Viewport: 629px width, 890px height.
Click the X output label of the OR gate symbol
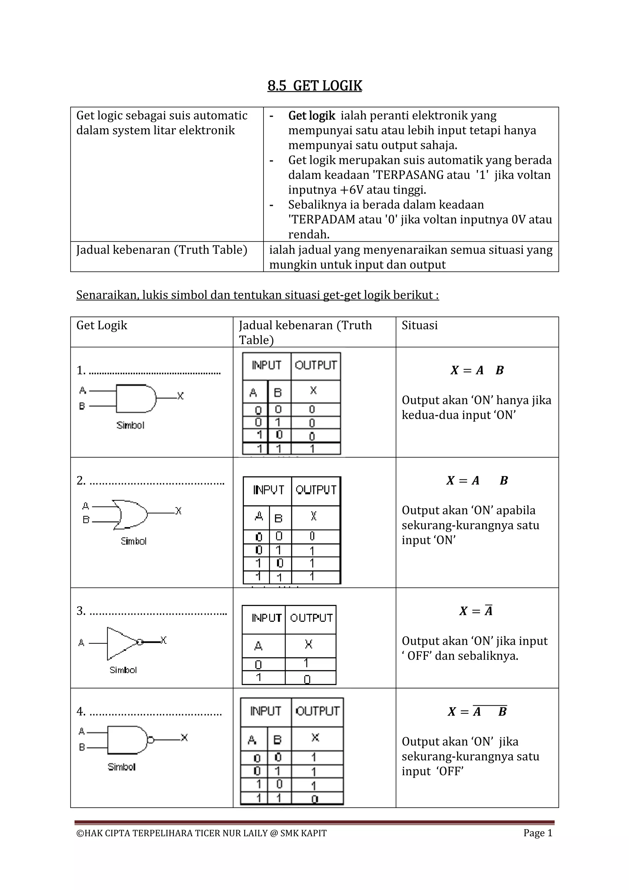[178, 510]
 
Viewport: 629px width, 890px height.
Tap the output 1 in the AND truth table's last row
[312, 449]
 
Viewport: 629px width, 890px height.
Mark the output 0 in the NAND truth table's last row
[314, 799]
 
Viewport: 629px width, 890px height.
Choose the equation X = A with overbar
[476, 611]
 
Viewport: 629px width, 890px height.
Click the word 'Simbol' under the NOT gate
[123, 670]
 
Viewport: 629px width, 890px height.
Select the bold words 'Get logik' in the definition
[311, 116]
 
